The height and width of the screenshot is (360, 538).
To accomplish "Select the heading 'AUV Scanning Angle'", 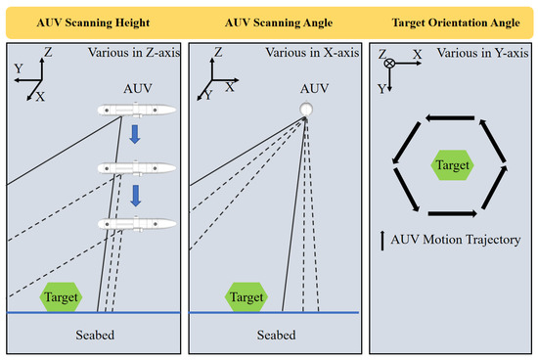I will [x=269, y=22].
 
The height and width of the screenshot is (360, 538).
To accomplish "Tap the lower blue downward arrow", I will [x=137, y=198].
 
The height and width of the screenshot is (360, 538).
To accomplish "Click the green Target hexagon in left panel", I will [x=61, y=295].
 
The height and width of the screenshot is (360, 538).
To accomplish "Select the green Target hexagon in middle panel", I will [x=247, y=295].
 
